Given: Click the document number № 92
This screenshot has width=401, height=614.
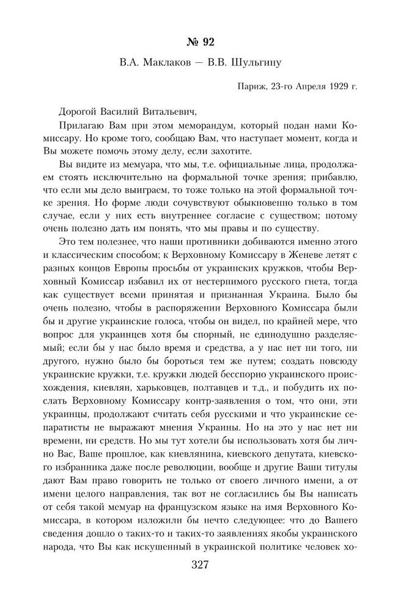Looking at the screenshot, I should click(200, 42).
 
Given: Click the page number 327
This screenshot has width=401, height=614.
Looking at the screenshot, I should click(200, 564).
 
